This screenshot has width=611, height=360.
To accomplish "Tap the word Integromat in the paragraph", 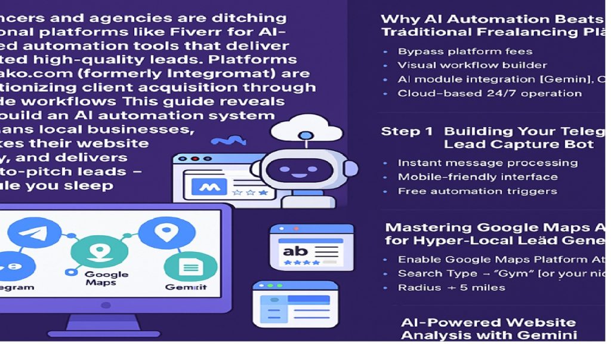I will pos(244,73).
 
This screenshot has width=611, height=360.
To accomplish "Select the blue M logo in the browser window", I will pos(206,187).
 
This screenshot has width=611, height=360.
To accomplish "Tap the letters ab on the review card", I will pos(296,251).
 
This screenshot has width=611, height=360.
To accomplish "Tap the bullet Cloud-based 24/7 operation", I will pos(489,93).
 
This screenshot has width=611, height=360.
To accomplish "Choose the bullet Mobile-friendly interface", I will pos(477,177).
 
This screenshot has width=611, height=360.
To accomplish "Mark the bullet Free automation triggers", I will pos(477,191).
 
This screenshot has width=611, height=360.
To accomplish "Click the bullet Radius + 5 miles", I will pos(451,287).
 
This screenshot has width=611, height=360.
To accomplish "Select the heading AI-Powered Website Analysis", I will pos(488,328).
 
